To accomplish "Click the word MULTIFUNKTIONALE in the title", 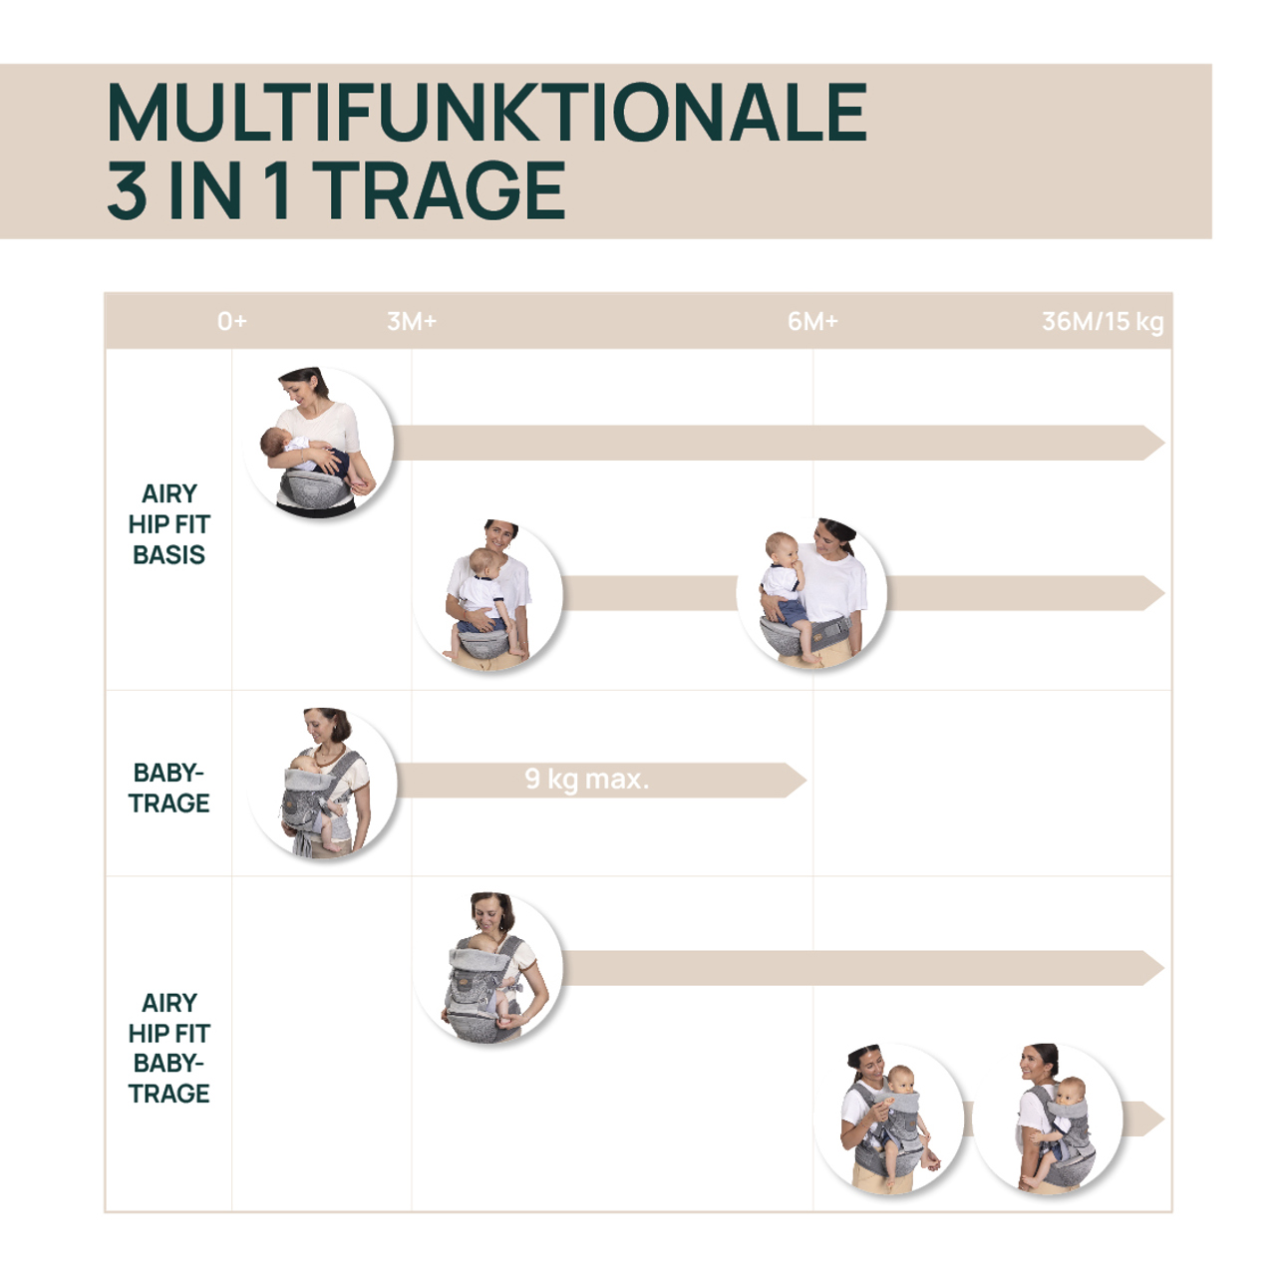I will (x=486, y=113).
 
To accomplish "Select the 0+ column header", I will (x=231, y=321).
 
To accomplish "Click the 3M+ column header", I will (x=412, y=321).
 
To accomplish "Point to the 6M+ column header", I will (x=812, y=321).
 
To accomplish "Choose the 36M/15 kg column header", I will (x=1102, y=321).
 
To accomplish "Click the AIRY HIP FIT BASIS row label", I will (x=168, y=524).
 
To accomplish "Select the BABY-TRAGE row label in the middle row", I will (x=168, y=788).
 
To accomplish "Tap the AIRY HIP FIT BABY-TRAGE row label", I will (x=168, y=1048).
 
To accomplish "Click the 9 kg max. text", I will (x=586, y=779).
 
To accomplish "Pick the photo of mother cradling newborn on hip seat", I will (x=319, y=443).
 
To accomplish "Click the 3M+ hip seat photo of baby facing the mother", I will (x=488, y=594).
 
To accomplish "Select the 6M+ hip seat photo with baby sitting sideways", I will (x=811, y=593).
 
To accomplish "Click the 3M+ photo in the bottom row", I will (x=488, y=968).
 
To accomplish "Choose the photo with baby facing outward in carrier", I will (x=889, y=1118).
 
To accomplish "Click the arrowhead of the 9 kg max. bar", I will (x=795, y=780).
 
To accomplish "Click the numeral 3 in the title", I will (x=127, y=190).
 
